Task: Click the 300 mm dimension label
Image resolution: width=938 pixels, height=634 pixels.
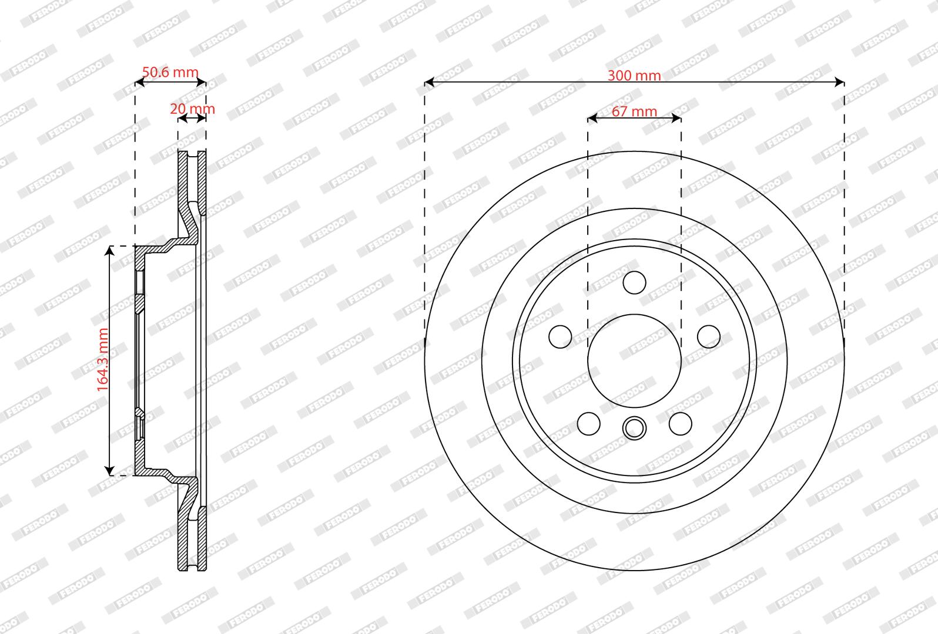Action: click(x=634, y=76)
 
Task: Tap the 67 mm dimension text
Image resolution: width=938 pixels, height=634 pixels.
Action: click(x=634, y=111)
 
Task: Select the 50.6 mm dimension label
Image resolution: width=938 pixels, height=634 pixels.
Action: click(x=170, y=72)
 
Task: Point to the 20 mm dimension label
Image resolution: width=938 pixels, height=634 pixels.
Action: click(x=192, y=109)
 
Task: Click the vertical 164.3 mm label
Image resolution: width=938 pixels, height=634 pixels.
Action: click(x=103, y=360)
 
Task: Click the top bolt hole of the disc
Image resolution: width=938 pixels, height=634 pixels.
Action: click(x=634, y=282)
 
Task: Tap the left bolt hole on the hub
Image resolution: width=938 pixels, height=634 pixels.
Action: click(x=560, y=336)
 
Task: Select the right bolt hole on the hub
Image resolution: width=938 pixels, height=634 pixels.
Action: click(x=709, y=336)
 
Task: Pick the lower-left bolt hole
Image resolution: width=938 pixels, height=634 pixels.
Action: click(x=589, y=424)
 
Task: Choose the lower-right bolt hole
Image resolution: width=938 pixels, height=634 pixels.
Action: click(x=680, y=424)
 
